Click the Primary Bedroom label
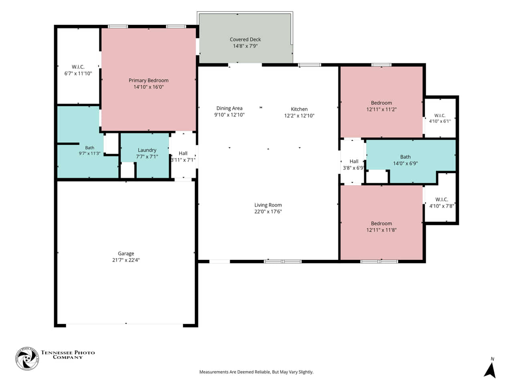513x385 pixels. pyautogui.click(x=148, y=81)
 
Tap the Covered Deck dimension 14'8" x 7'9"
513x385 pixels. pyautogui.click(x=245, y=46)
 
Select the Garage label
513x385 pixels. pyautogui.click(x=126, y=253)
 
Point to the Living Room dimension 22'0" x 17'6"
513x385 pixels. pyautogui.click(x=268, y=212)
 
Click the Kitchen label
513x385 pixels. pyautogui.click(x=299, y=109)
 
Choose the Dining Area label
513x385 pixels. pyautogui.click(x=229, y=108)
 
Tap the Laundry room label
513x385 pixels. pyautogui.click(x=147, y=150)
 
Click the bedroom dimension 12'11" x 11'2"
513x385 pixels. pyautogui.click(x=382, y=109)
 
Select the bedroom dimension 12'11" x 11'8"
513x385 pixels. pyautogui.click(x=382, y=230)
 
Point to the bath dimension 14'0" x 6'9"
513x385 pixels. pyautogui.click(x=405, y=163)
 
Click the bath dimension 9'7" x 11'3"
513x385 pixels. pyautogui.click(x=89, y=154)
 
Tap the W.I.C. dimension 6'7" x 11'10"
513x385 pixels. pyautogui.click(x=78, y=74)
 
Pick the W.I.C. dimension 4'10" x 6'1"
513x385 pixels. pyautogui.click(x=440, y=121)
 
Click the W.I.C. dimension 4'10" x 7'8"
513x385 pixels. pyautogui.click(x=442, y=206)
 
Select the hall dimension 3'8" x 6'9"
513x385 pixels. pyautogui.click(x=353, y=168)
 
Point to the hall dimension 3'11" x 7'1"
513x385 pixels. pyautogui.click(x=183, y=160)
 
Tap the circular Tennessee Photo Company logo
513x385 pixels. pyautogui.click(x=27, y=359)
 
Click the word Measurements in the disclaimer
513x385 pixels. pyautogui.click(x=214, y=372)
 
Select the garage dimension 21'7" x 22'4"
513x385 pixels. pyautogui.click(x=126, y=260)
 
